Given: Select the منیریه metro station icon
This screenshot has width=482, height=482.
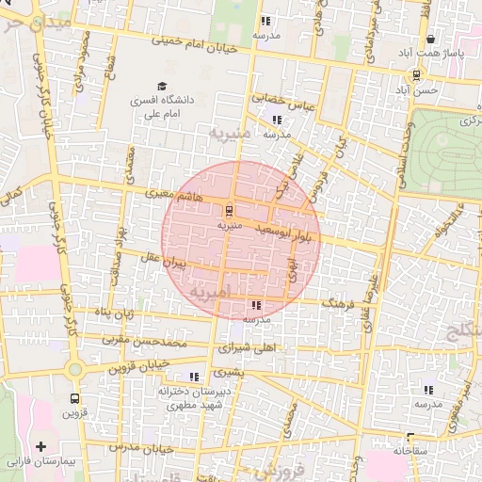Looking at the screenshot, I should click(x=230, y=210).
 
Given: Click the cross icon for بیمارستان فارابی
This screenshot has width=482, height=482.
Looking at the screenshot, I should click(x=40, y=445).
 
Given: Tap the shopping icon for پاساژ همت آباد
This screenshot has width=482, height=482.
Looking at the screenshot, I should click(x=431, y=40).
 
